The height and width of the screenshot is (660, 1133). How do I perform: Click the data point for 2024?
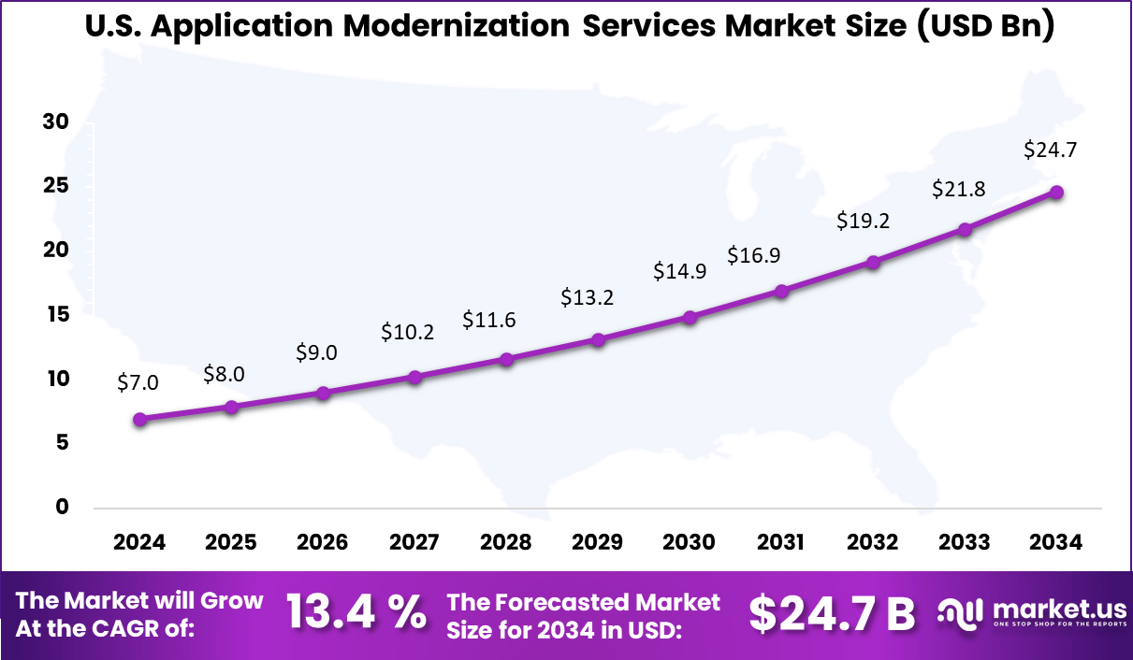[140, 420]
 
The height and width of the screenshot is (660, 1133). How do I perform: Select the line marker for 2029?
[599, 339]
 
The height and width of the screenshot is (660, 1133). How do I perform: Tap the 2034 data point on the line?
[1056, 193]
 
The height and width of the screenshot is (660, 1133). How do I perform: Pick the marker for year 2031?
[781, 292]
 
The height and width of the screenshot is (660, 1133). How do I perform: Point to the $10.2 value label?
[407, 332]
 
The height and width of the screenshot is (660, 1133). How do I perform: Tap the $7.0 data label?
[138, 382]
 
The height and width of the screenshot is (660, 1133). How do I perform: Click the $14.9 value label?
[680, 271]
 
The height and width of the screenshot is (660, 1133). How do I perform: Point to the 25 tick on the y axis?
[55, 186]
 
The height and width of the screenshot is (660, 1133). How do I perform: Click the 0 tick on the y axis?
[62, 507]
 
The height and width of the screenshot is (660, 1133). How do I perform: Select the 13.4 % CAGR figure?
[356, 612]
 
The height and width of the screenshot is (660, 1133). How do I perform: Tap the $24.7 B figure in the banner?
[832, 613]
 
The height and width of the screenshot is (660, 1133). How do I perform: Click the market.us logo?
[1029, 612]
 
